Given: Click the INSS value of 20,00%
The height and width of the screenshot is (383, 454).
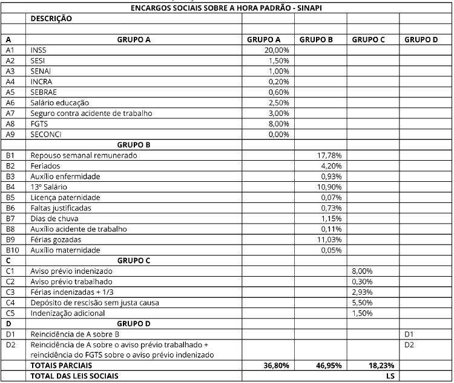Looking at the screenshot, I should (x=277, y=50).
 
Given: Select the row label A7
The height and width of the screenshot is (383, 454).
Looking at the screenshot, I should (x=9, y=113).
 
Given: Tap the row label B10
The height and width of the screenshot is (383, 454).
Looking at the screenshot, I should (x=10, y=249).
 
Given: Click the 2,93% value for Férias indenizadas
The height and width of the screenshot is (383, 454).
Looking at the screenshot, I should (x=363, y=292).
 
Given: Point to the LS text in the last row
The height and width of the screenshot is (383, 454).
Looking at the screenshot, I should (x=390, y=376).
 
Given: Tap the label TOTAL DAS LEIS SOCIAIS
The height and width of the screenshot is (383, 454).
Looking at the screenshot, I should (x=74, y=376).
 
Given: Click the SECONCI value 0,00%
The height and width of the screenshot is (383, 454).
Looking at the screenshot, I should (x=278, y=134).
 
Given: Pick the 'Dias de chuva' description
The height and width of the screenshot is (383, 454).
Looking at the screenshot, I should (x=53, y=218).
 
